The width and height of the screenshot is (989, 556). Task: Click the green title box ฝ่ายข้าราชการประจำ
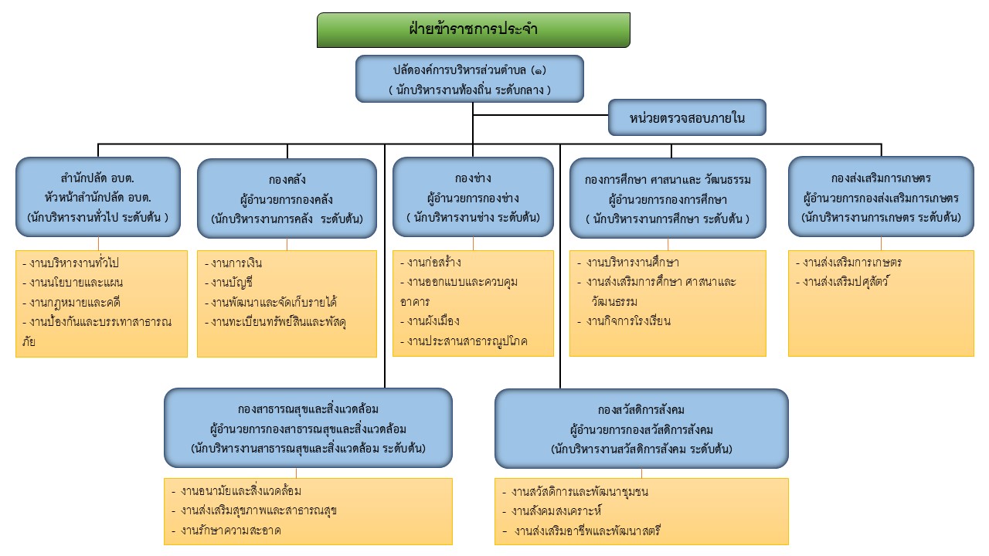pyautogui.click(x=473, y=30)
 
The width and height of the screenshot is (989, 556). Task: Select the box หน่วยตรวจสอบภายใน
pyautogui.click(x=687, y=118)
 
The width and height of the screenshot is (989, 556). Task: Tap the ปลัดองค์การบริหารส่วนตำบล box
pyautogui.click(x=469, y=79)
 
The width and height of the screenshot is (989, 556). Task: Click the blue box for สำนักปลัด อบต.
pyautogui.click(x=97, y=197)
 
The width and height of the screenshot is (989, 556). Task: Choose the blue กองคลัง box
pyautogui.click(x=287, y=199)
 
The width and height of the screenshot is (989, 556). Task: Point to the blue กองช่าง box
pyautogui.click(x=473, y=197)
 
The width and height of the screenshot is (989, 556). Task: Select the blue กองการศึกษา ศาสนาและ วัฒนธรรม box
pyautogui.click(x=668, y=198)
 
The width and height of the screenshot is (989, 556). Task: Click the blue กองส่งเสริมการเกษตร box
pyautogui.click(x=881, y=197)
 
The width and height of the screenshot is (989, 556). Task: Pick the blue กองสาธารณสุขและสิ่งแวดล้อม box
pyautogui.click(x=308, y=428)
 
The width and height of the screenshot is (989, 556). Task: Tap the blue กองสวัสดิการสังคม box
pyautogui.click(x=641, y=428)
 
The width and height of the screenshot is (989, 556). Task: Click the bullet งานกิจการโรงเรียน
pyautogui.click(x=628, y=321)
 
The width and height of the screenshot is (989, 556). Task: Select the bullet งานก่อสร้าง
pyautogui.click(x=437, y=262)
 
